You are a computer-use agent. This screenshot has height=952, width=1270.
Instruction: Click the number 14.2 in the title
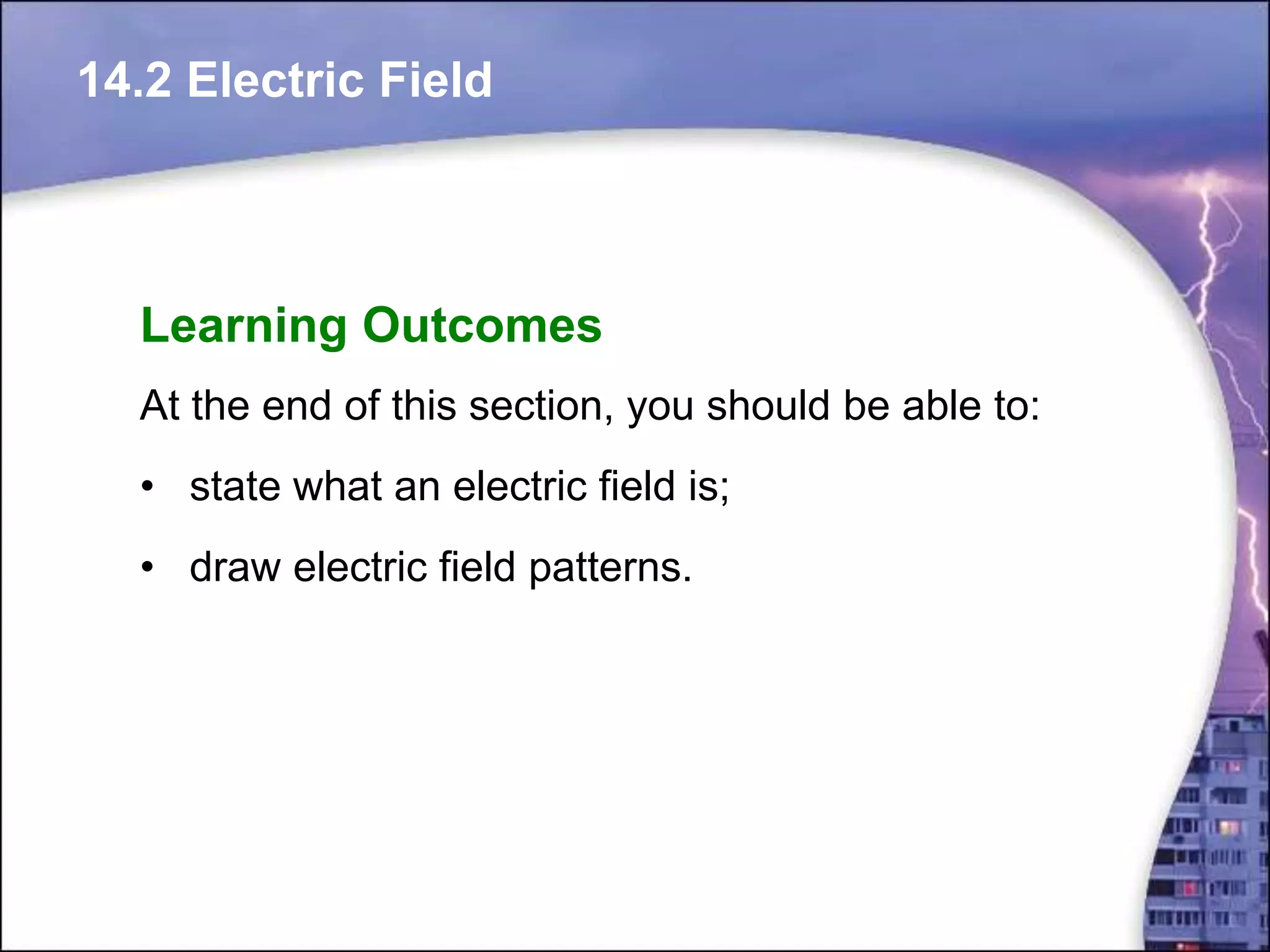[x=125, y=81]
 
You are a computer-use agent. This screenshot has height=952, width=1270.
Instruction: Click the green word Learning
[x=243, y=326]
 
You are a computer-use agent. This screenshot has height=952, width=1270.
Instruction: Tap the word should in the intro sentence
[x=768, y=406]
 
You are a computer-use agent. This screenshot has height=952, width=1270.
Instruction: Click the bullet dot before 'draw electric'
[x=146, y=567]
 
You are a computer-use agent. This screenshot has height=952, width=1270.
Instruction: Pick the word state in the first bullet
[x=234, y=487]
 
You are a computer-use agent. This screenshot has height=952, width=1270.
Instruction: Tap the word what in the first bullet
[x=337, y=487]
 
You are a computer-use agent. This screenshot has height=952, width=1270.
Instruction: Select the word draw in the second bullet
[x=234, y=567]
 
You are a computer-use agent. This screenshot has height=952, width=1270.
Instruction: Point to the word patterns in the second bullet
[x=610, y=568]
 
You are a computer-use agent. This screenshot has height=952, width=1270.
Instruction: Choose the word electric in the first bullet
[x=519, y=487]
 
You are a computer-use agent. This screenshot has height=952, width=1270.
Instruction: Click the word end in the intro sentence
[x=296, y=406]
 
